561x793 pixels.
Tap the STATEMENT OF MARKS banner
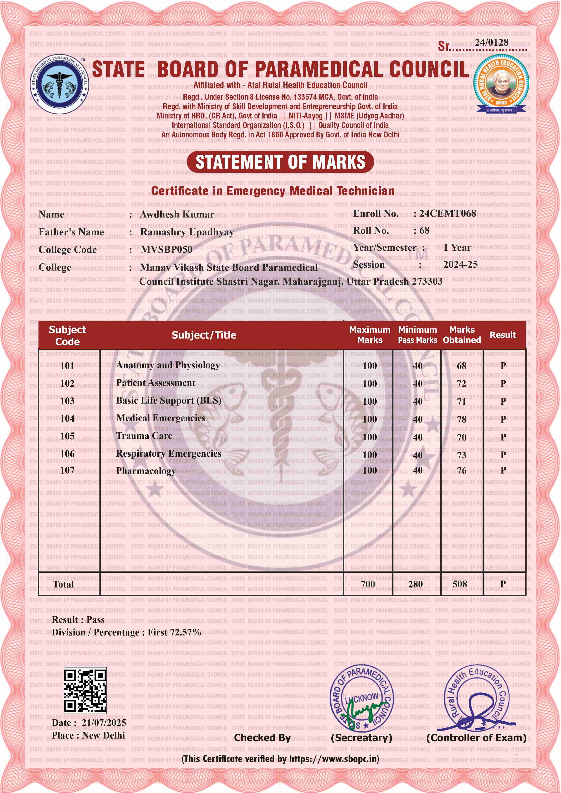280,162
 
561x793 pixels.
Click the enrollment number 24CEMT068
448,213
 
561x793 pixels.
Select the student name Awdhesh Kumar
177,215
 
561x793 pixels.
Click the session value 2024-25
460,264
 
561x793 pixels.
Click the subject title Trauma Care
144,436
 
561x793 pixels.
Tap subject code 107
67,470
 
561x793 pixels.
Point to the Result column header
503,335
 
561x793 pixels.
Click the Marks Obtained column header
462,335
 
